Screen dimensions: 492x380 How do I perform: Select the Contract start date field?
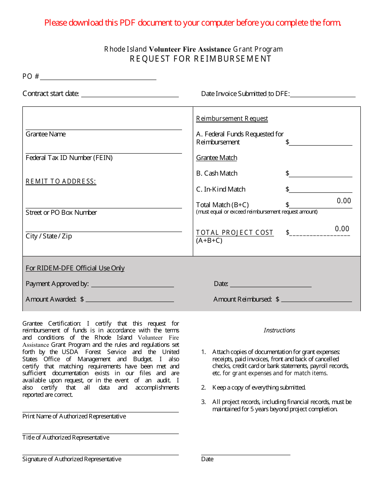(130, 94)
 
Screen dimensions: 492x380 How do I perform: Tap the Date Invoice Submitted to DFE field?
(322, 94)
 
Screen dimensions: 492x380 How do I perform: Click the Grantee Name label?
(46, 134)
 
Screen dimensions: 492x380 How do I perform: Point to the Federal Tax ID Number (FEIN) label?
(69, 158)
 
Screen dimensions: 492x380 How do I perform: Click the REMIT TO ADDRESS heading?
(61, 182)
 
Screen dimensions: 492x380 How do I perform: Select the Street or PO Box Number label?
(61, 213)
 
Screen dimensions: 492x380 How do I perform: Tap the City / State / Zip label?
(49, 236)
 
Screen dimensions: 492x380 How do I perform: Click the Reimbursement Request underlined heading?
(232, 119)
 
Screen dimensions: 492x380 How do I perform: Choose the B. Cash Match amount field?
(320, 174)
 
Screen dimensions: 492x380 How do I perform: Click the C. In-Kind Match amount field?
(320, 189)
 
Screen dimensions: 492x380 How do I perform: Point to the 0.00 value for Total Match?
(344, 201)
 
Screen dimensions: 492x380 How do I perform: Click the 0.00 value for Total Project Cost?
(342, 229)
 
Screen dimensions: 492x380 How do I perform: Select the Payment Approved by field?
(132, 284)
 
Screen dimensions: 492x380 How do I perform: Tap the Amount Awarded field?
(130, 299)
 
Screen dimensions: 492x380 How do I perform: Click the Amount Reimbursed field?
(316, 299)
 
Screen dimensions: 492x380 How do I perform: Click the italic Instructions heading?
(279, 330)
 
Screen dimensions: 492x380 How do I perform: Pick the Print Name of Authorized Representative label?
(74, 416)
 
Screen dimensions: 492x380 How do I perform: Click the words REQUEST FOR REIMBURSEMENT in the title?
(200, 59)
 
